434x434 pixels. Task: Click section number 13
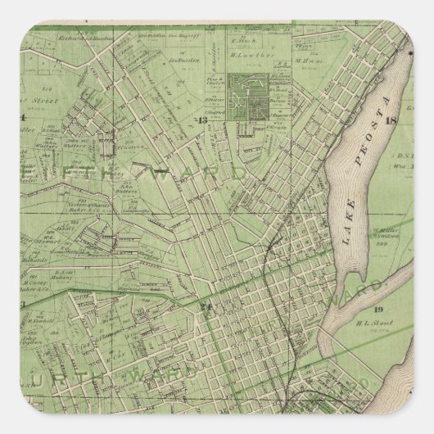coord(202,121)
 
